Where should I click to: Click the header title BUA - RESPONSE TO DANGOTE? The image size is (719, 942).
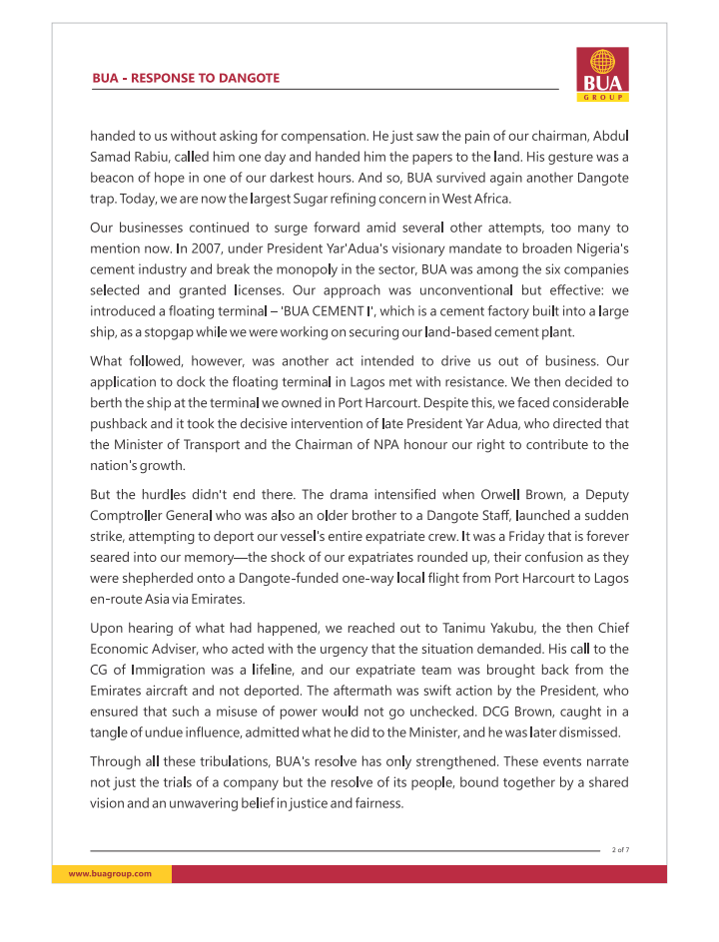click(x=186, y=78)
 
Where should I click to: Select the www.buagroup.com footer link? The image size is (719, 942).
click(x=110, y=873)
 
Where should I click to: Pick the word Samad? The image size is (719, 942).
click(x=112, y=158)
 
